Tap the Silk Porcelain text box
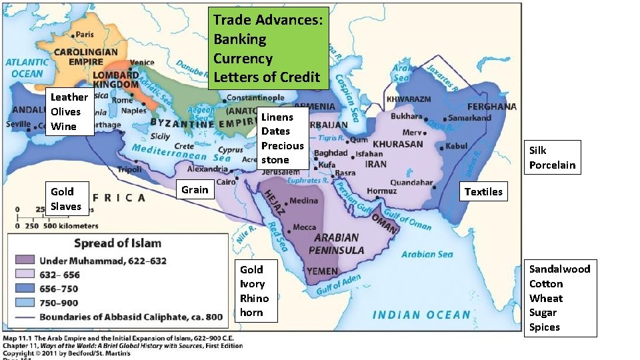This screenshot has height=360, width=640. (x=552, y=157)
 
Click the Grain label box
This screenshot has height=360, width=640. (x=195, y=190)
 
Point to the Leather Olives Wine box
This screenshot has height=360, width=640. (x=69, y=112)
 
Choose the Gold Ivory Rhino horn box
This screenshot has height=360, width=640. (x=255, y=291)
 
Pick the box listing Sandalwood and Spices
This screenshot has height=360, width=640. (x=559, y=298)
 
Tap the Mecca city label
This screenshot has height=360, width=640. (x=305, y=227)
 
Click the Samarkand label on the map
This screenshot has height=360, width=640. (x=469, y=118)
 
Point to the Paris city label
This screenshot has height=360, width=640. (x=84, y=35)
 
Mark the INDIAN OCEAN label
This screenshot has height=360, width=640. (x=421, y=315)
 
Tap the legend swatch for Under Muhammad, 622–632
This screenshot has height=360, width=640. (x=25, y=259)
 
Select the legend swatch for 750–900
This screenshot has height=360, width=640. (x=25, y=303)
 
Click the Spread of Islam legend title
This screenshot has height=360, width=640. (x=117, y=243)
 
